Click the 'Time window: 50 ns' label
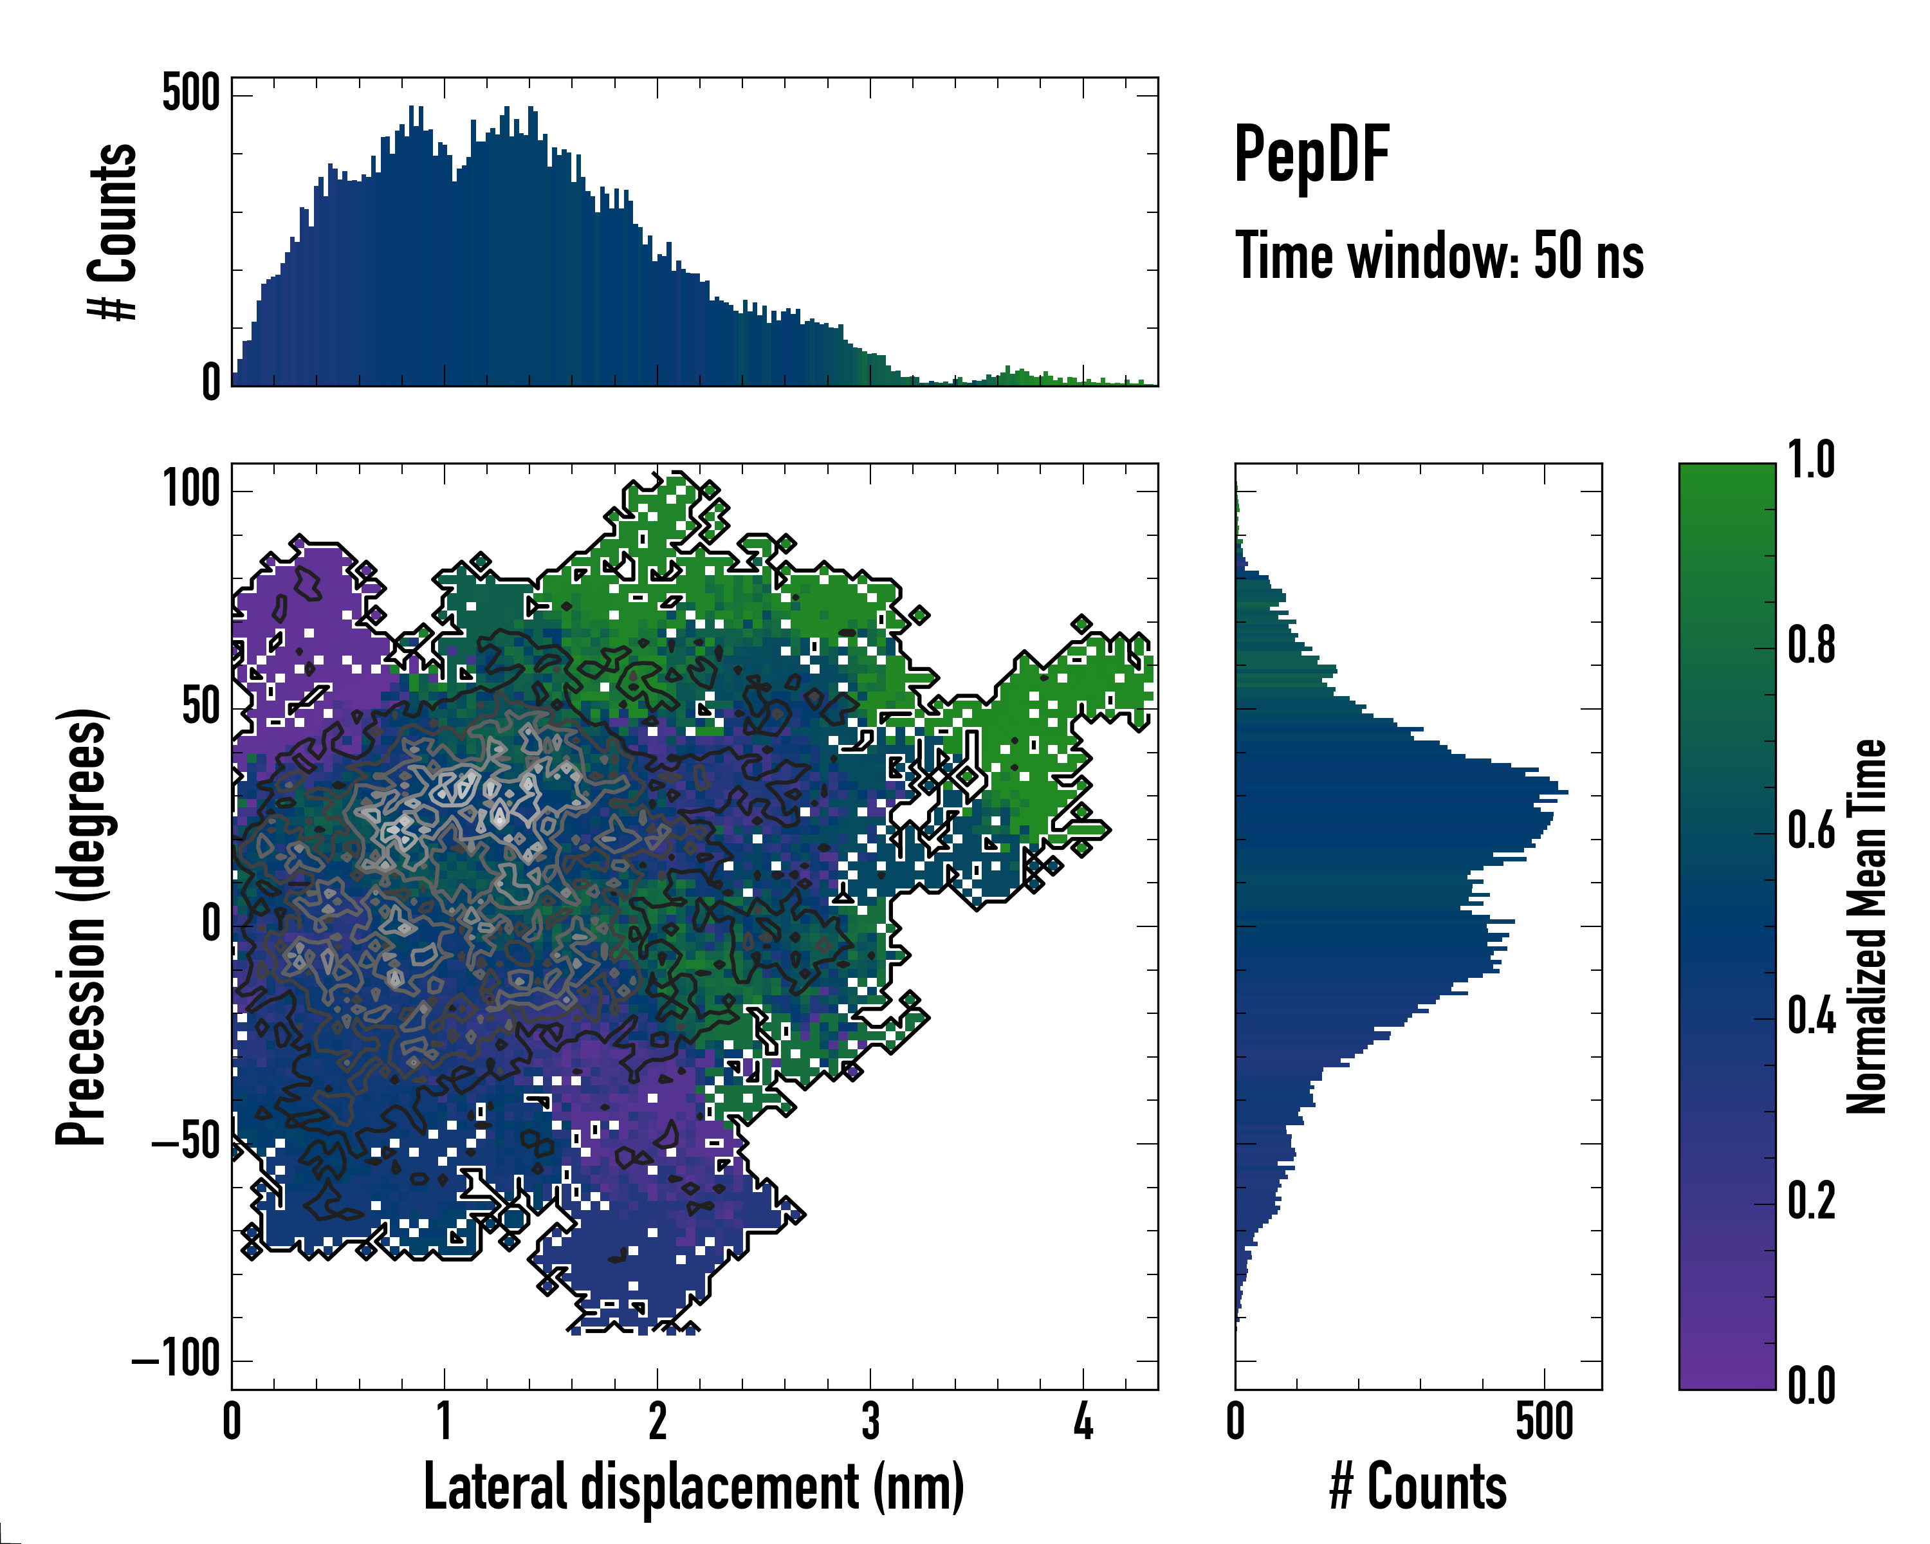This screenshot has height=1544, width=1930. click(x=1438, y=256)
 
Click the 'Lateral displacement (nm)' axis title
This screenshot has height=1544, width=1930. click(x=694, y=1487)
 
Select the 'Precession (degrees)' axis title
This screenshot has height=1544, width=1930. click(x=82, y=926)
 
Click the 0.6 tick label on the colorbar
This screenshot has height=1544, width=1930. click(x=1811, y=832)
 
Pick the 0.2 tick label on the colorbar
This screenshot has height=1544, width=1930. click(x=1811, y=1202)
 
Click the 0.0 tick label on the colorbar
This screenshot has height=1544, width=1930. click(x=1811, y=1386)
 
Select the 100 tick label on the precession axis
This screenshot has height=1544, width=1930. click(x=190, y=490)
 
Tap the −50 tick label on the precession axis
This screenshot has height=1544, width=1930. click(x=185, y=1143)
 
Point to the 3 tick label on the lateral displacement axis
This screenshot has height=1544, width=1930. click(x=870, y=1421)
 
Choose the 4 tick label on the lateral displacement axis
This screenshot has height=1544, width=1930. click(x=1083, y=1421)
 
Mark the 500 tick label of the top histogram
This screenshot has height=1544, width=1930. click(x=190, y=94)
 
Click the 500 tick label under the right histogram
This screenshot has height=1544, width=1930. click(x=1544, y=1421)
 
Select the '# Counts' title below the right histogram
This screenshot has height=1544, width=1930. click(x=1418, y=1487)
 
